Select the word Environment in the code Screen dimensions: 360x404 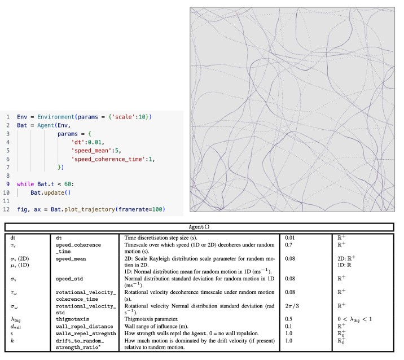(x=51, y=116)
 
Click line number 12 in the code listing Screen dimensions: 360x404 (x=7, y=209)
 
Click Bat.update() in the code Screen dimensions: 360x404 (x=51, y=192)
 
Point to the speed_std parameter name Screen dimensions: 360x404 (x=72, y=278)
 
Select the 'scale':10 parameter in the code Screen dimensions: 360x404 (x=131, y=116)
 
